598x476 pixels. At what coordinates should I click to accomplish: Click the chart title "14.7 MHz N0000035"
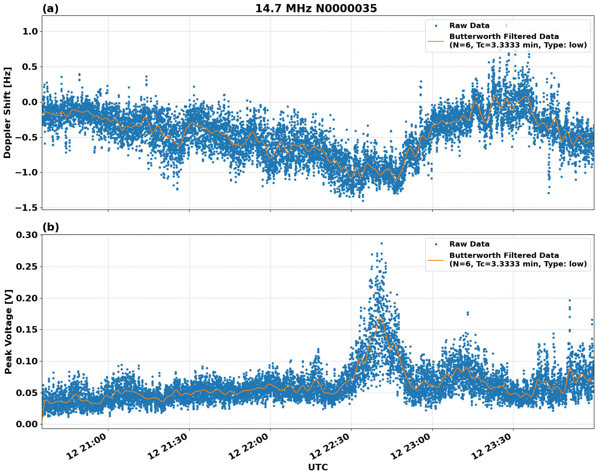tap(316, 9)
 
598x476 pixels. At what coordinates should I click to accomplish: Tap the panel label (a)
tap(50, 9)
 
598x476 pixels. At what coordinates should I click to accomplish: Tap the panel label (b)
tap(50, 227)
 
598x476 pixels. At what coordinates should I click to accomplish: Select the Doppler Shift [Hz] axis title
tap(7, 113)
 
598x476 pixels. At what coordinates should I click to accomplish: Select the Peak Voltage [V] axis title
tap(8, 331)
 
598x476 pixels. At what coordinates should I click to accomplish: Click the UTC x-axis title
tap(318, 467)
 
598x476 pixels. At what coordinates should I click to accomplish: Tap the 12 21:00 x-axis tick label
tap(87, 446)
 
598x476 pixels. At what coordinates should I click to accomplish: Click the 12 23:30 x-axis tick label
tap(492, 446)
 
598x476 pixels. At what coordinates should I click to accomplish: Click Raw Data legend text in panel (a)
tap(469, 26)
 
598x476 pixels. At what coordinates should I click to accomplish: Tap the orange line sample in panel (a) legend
tap(436, 41)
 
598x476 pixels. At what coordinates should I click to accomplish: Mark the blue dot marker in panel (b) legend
tap(436, 244)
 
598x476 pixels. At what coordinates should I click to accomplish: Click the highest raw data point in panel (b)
tap(381, 243)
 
